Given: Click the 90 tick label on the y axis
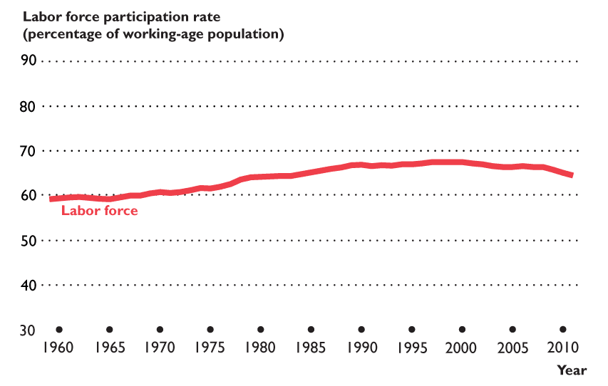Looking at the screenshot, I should click(x=29, y=61).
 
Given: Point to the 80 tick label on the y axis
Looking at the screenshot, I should click(x=29, y=106).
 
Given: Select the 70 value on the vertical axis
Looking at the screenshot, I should click(x=29, y=151).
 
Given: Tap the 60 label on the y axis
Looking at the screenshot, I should click(x=29, y=196).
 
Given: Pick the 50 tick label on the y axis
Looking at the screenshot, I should click(x=29, y=241).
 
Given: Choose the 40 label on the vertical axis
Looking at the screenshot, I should click(x=29, y=286).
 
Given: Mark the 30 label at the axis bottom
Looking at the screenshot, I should click(x=29, y=330).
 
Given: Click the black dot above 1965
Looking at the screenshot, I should click(x=109, y=330).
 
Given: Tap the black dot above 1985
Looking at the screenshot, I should click(x=311, y=330).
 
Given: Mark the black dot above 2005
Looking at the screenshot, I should click(x=513, y=330).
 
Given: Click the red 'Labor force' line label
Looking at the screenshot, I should click(x=99, y=211).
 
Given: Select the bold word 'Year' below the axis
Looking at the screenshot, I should click(x=572, y=370).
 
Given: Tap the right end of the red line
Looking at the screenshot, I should click(x=572, y=175).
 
